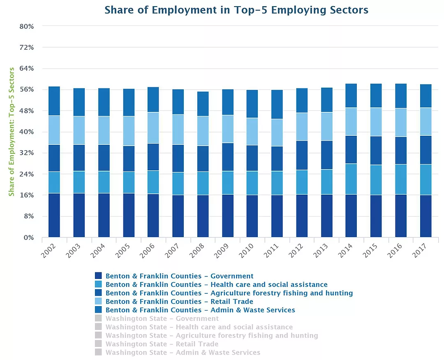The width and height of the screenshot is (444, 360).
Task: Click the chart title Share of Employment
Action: tap(236, 10)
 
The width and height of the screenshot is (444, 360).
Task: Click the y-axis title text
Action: tap(12, 132)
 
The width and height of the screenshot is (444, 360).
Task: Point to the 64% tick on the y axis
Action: tap(27, 69)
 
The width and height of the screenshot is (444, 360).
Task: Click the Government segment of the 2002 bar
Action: tap(54, 215)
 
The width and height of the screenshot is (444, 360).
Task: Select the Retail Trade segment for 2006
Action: tap(153, 128)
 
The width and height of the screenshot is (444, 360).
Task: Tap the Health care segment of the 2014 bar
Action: tap(351, 179)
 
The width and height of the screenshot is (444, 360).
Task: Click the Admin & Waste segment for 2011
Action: tap(277, 105)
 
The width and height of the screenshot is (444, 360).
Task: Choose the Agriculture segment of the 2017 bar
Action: tap(425, 150)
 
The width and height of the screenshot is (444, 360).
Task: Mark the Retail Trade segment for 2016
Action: tap(401, 123)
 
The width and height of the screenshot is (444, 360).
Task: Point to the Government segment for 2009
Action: tap(227, 216)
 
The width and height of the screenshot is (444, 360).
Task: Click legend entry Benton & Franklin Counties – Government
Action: tap(179, 276)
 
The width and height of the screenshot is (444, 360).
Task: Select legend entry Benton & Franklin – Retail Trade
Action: tap(179, 302)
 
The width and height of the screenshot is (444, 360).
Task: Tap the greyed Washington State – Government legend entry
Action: tap(162, 318)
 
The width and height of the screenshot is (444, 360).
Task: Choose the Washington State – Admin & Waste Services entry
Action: tap(183, 352)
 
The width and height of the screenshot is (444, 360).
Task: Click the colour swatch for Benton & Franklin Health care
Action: tap(98, 284)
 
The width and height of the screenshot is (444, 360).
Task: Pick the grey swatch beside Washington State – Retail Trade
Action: tap(98, 344)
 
